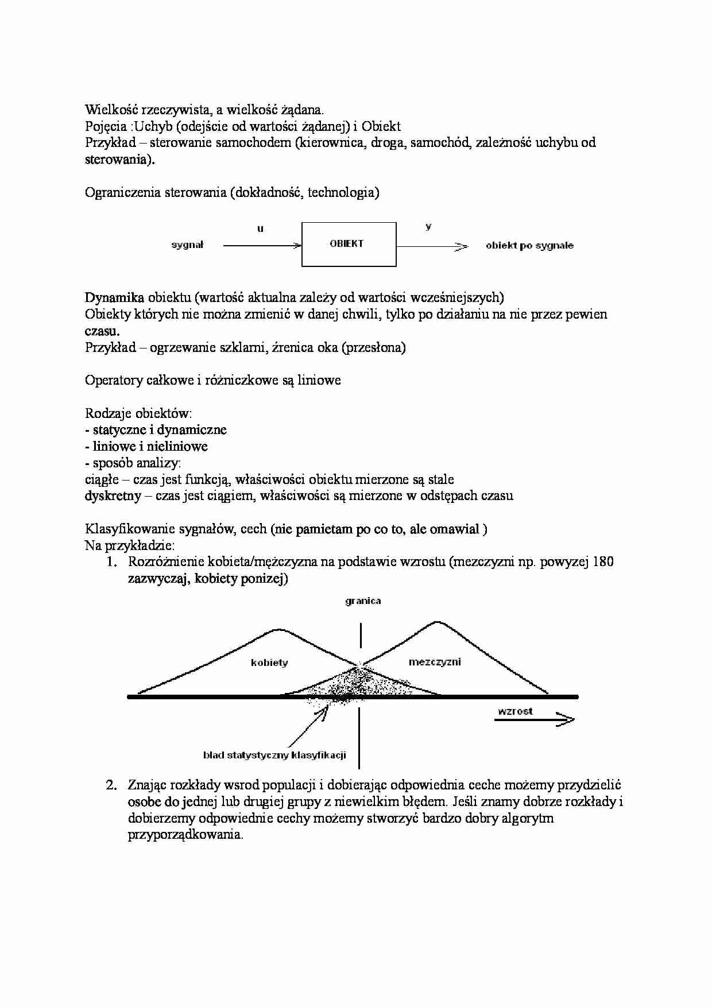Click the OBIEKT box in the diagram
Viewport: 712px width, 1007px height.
point(349,245)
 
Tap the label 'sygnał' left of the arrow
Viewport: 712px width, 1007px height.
point(187,245)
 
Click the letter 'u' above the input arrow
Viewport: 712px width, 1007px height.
point(260,229)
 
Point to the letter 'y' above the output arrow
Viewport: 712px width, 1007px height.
point(428,227)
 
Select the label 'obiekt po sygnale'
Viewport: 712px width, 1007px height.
point(529,246)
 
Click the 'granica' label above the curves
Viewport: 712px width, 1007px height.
point(363,601)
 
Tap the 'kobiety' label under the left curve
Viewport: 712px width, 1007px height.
point(269,663)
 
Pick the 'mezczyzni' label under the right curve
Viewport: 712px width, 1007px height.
point(435,662)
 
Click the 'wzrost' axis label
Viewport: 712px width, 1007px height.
point(515,711)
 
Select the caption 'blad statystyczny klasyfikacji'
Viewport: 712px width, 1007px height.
point(274,756)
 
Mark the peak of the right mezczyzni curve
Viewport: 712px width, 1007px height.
point(438,622)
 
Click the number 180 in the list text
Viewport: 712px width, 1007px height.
point(602,561)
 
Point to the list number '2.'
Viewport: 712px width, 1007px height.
point(112,785)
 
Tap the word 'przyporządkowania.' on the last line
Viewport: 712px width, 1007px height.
point(185,835)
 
